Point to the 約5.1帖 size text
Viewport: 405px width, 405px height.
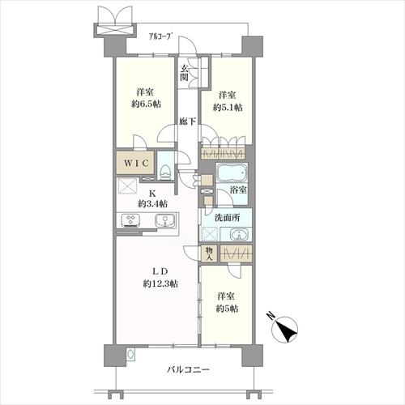tap(228, 106)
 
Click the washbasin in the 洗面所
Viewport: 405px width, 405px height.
tap(238, 235)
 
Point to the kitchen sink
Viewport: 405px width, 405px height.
tap(164, 221)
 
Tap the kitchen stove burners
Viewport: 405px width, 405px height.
tap(130, 220)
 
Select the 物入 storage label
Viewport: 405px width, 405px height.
tap(208, 254)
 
